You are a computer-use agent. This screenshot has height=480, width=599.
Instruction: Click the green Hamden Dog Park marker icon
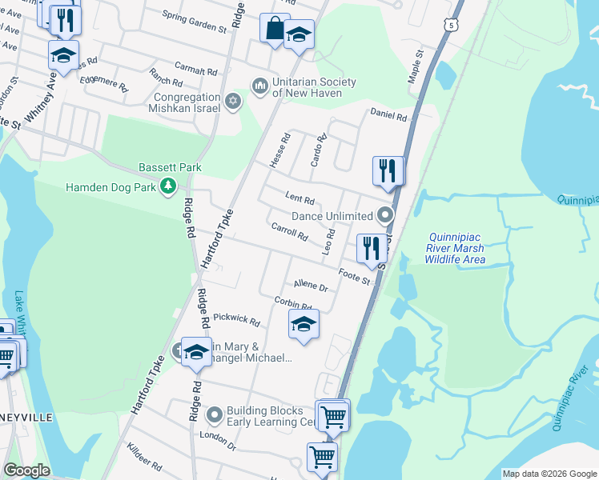coord(167,187)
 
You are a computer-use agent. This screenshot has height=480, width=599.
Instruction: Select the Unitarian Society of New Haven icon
coord(259,85)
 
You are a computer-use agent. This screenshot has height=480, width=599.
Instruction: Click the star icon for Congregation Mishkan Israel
coord(233,100)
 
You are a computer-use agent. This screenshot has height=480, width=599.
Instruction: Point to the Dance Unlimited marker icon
coord(386,215)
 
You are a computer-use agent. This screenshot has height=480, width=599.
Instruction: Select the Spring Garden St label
coord(195,21)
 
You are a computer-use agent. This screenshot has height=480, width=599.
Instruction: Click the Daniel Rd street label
coord(388,115)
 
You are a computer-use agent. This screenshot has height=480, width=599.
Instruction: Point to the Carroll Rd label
coord(290,232)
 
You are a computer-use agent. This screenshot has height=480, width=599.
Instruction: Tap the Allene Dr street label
coord(311,285)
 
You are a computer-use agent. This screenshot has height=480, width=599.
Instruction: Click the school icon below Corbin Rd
coord(303,324)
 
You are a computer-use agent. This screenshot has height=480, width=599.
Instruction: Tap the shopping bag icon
coord(274,28)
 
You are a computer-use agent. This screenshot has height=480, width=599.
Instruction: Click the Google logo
coord(26,470)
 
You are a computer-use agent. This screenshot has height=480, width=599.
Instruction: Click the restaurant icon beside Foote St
coord(371,248)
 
